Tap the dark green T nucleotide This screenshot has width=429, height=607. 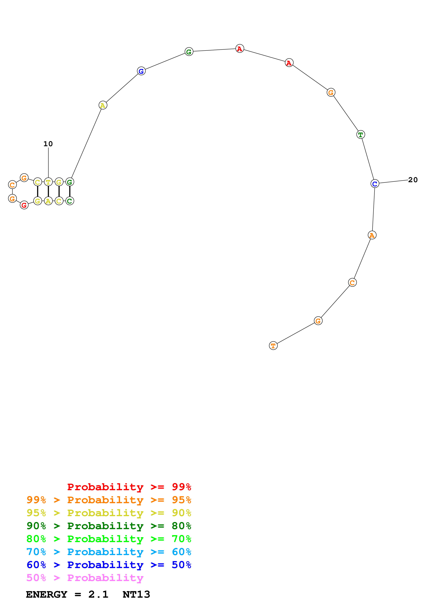point(360,135)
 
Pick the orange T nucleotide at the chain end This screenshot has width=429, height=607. point(273,346)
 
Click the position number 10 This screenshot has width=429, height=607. point(48,144)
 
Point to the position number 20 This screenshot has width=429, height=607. point(413,180)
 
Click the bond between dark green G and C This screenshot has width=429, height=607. point(70,191)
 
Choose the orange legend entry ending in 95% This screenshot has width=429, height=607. point(109,500)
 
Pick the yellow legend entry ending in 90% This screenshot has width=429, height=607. point(109,513)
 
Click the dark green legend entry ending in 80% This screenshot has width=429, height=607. point(109,526)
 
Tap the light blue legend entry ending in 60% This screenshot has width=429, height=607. point(109,552)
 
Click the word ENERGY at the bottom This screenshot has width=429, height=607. point(47,594)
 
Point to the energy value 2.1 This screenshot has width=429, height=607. point(98,594)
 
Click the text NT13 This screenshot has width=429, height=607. point(136,594)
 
